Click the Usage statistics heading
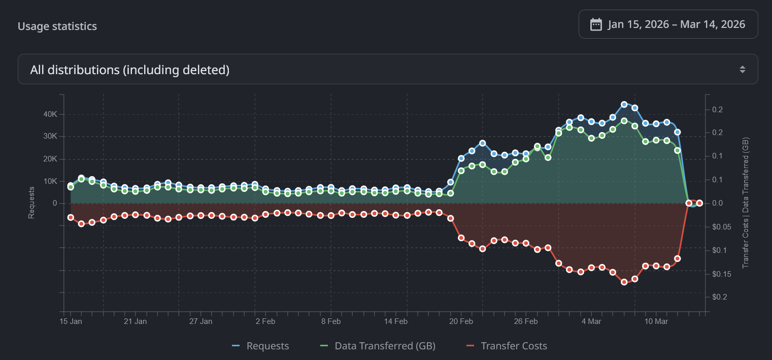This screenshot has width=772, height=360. pos(57,26)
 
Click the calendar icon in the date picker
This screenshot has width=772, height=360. pos(596,24)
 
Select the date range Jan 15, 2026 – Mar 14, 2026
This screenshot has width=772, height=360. pos(676,24)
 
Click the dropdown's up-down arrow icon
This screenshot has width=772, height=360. pos(742,70)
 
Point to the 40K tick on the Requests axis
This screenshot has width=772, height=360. pos(50,114)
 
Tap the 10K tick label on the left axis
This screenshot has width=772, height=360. pos(50,181)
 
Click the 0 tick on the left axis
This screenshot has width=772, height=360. pos(54,203)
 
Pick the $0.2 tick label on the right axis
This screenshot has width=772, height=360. pos(721,297)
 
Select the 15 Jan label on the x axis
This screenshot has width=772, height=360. pos(71,321)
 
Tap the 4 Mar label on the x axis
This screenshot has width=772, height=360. pos(591,321)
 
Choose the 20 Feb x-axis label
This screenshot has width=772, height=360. pos(461,321)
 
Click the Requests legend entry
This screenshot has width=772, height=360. pos(261,346)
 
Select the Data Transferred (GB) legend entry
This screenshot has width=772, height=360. pos(378,346)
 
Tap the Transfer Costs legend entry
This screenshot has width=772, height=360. pos(507,346)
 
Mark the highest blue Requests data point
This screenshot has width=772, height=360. pos(624,105)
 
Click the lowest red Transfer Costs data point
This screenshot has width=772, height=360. pos(624,282)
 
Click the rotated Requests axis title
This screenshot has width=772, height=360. pos(31,203)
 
